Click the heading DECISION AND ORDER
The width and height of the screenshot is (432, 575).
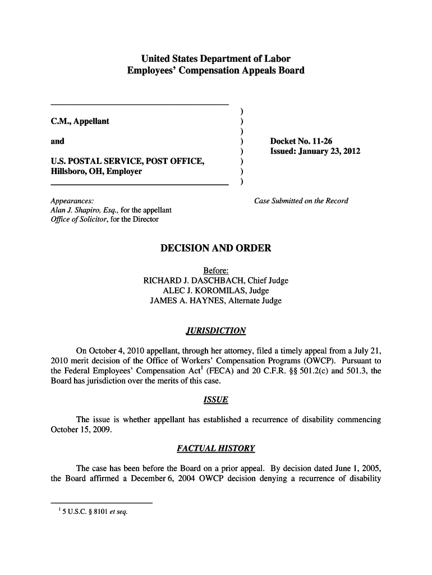(x=216, y=248)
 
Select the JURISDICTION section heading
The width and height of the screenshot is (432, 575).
(x=216, y=331)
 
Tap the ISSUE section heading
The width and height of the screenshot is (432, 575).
(x=216, y=400)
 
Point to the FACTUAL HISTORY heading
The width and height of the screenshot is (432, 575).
(x=216, y=449)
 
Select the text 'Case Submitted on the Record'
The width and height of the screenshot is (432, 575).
(x=301, y=201)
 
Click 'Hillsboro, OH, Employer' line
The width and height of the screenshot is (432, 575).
(x=96, y=172)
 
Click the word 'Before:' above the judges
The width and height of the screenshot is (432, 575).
(x=216, y=271)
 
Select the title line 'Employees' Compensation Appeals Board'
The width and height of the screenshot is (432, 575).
(x=216, y=71)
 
